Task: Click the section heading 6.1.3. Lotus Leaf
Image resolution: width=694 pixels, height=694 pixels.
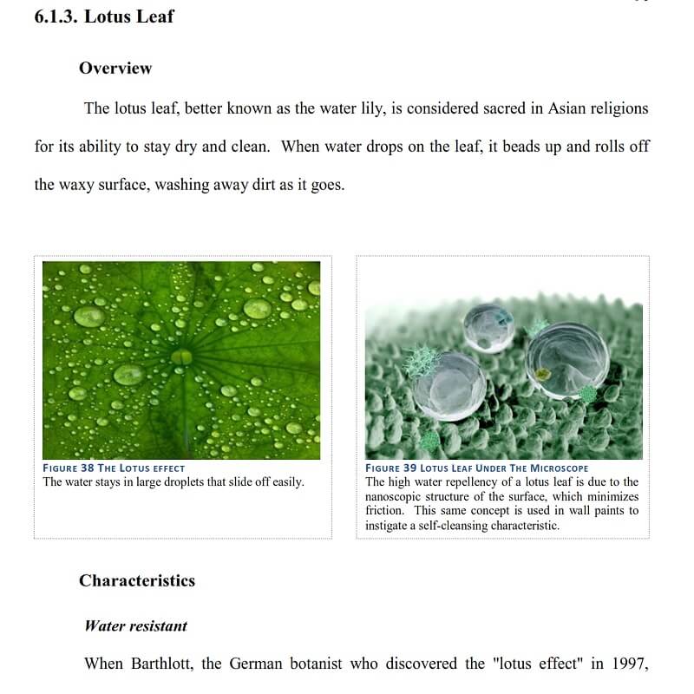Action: [103, 16]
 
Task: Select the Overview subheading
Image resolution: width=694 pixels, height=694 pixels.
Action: [115, 68]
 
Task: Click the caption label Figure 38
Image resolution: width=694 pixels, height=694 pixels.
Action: [75, 468]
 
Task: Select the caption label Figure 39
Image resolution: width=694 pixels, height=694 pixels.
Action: [391, 468]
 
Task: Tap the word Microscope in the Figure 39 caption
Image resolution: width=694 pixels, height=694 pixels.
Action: [556, 468]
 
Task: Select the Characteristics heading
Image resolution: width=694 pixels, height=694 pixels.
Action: [137, 580]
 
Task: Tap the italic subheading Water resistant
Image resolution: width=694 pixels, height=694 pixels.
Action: [135, 625]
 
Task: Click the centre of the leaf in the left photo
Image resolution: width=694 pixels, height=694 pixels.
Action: [182, 356]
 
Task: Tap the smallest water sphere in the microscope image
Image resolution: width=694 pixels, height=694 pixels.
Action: [488, 327]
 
